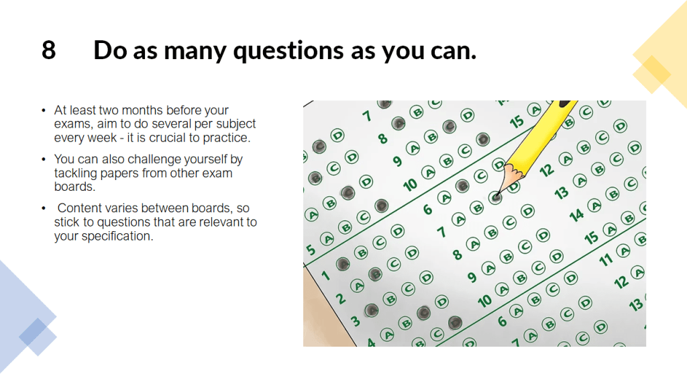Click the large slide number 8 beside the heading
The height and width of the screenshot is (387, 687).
click(x=48, y=50)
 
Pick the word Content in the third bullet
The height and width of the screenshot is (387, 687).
click(x=78, y=208)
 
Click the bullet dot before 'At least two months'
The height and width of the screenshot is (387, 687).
click(x=44, y=110)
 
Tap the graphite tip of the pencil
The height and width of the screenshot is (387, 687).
click(x=498, y=193)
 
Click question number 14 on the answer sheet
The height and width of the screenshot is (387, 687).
click(x=576, y=214)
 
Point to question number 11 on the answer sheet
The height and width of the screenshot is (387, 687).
click(x=606, y=260)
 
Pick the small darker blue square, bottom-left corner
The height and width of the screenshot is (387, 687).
click(x=33, y=332)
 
